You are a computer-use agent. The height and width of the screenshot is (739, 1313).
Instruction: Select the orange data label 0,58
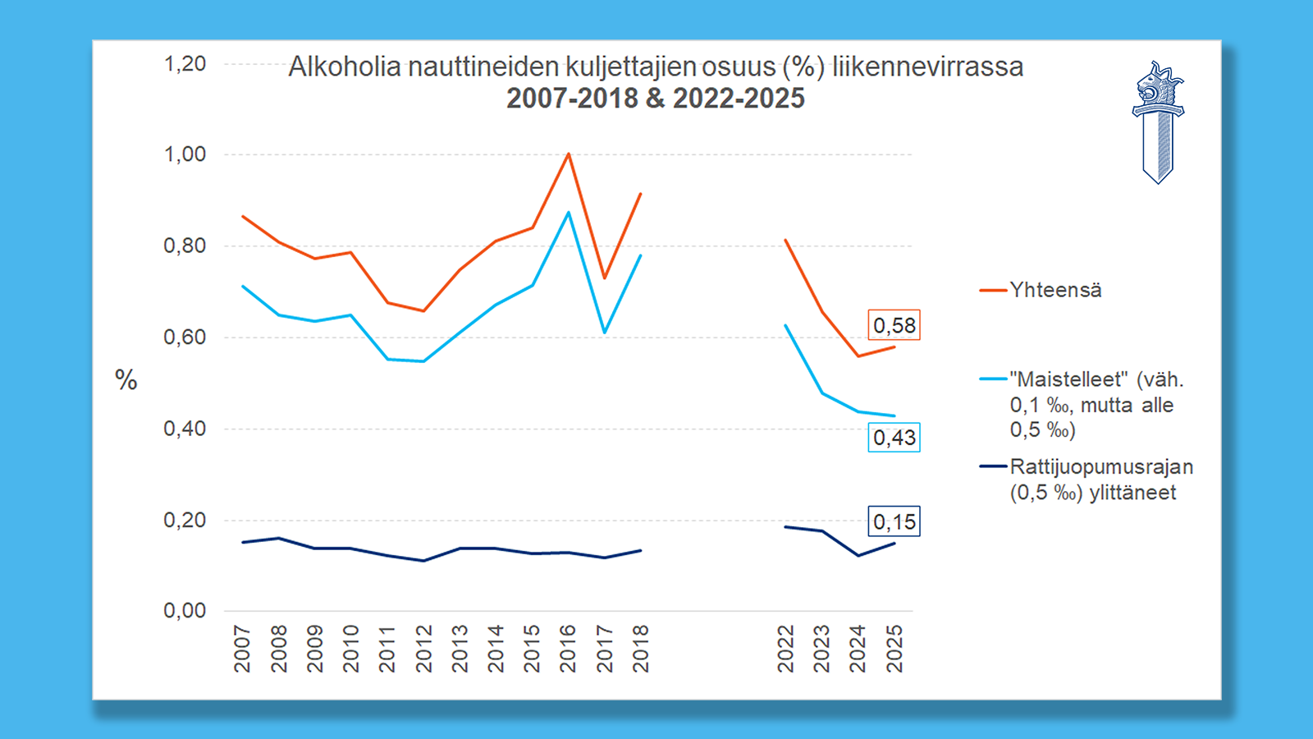(894, 325)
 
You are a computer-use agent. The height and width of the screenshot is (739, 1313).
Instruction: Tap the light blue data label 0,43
(894, 438)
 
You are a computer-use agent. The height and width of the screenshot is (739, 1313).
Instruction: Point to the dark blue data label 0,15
(894, 521)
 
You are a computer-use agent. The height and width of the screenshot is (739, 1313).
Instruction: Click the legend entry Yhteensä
(1055, 290)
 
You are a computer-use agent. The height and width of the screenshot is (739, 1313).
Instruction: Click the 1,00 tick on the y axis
(185, 154)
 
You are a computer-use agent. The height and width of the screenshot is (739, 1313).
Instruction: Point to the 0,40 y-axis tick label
(185, 429)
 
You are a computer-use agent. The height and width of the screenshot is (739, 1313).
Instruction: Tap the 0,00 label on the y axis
(185, 611)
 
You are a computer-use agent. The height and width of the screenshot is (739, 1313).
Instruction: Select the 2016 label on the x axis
(568, 649)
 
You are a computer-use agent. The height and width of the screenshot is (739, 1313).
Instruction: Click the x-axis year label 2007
(242, 649)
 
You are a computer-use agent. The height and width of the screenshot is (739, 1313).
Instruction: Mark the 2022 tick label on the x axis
(786, 649)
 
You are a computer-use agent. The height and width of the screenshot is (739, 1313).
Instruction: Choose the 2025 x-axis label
(894, 649)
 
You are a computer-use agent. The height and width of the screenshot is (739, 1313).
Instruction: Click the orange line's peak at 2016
(568, 154)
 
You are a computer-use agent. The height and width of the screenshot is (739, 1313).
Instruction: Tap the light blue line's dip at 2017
(604, 332)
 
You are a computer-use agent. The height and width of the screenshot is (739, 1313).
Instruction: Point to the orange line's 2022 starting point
(786, 241)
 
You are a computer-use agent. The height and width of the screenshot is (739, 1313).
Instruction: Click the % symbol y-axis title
(126, 380)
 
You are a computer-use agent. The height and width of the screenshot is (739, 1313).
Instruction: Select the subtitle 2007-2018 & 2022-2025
(655, 99)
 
